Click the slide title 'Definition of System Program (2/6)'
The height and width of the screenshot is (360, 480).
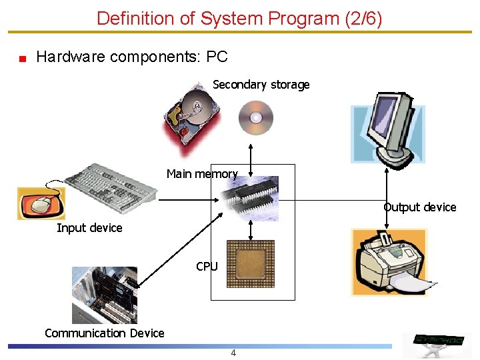(x=239, y=18)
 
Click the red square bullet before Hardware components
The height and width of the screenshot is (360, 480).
(x=22, y=59)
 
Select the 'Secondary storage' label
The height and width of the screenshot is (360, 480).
(x=261, y=85)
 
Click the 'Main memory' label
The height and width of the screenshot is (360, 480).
(x=202, y=174)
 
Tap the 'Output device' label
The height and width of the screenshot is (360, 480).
(x=420, y=207)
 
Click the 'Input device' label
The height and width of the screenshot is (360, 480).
(x=89, y=228)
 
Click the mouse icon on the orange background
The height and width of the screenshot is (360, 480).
(x=41, y=203)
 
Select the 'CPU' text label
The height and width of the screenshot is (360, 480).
(x=207, y=267)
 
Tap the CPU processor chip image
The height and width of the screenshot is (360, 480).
(x=250, y=264)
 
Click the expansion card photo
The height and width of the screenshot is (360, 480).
(x=105, y=294)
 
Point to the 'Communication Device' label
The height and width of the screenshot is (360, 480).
(x=104, y=333)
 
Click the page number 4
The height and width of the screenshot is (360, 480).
(x=233, y=353)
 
